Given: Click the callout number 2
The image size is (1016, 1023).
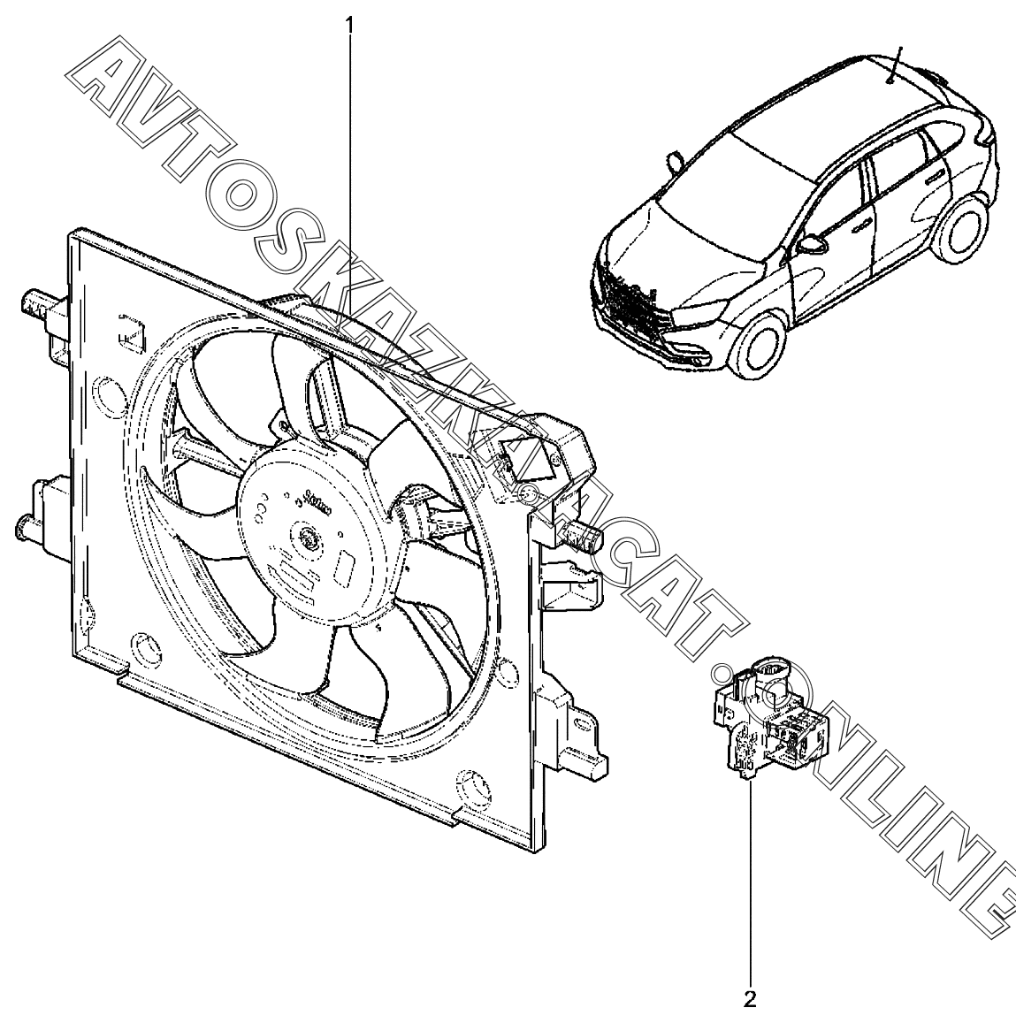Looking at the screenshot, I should click(x=751, y=1001).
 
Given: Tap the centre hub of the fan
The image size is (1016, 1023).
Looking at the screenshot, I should click(x=308, y=536).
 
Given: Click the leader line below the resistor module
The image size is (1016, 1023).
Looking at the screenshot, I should click(x=752, y=884).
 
